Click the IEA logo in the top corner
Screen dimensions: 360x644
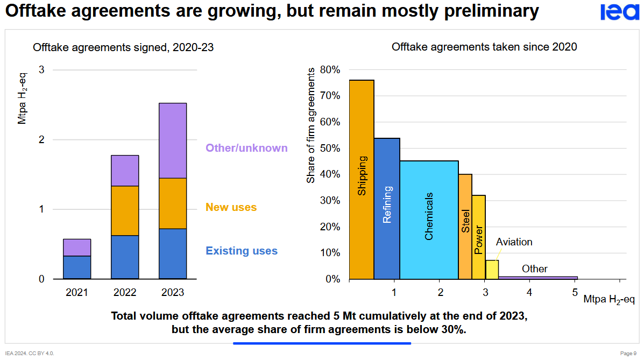pos(620,12)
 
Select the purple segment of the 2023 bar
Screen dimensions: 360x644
pos(173,140)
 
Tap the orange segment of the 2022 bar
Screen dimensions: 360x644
pos(125,210)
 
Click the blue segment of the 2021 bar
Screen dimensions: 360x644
pos(77,267)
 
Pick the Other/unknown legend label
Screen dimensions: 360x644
pos(246,148)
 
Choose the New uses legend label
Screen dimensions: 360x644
pos(231,207)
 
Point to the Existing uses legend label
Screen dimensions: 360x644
pos(242,251)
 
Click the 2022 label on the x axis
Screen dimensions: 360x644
pos(125,293)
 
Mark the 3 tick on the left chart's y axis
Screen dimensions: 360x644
pos(42,70)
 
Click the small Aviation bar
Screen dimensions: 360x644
pos(492,270)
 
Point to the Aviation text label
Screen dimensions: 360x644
pos(514,242)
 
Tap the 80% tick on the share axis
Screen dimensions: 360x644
pos(330,69)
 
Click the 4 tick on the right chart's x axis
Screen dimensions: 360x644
pos(529,292)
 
